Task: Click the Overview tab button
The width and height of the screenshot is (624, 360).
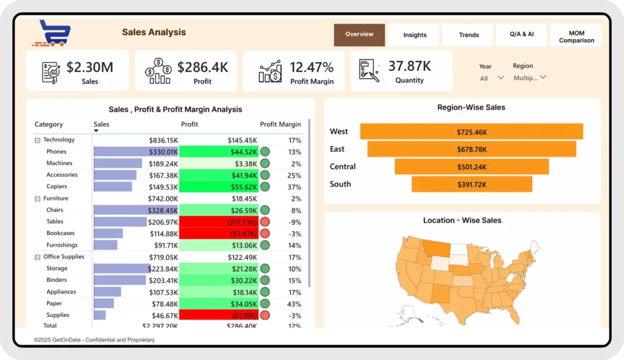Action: [x=360, y=35]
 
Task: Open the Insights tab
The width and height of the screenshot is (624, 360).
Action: [x=415, y=35]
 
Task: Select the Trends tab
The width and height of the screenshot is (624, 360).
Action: [x=469, y=35]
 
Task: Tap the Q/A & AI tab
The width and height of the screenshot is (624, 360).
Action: [x=522, y=35]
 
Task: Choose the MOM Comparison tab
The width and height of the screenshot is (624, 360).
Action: [x=576, y=37]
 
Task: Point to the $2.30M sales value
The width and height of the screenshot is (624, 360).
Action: [x=90, y=67]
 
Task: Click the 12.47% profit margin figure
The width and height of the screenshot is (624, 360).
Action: [x=311, y=67]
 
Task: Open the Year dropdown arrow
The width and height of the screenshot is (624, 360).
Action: [x=501, y=78]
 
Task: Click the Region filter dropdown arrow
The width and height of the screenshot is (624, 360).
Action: [x=543, y=77]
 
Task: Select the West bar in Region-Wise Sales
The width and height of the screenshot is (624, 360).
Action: [x=471, y=132]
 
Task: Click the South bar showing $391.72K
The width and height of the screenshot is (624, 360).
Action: [x=472, y=184]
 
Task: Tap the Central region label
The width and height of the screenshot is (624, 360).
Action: [x=342, y=167]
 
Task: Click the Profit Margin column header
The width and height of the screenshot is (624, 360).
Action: [x=280, y=124]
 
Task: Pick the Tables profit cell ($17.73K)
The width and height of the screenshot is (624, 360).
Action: [x=219, y=222]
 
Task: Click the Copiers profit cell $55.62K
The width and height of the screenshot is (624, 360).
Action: [x=219, y=187]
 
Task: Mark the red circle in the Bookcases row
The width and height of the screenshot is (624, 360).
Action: [x=265, y=233]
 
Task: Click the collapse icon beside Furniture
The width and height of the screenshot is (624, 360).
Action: [x=37, y=199]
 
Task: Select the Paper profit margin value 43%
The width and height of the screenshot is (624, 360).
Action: [x=294, y=303]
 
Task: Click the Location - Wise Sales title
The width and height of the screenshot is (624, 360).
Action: [x=462, y=221]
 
